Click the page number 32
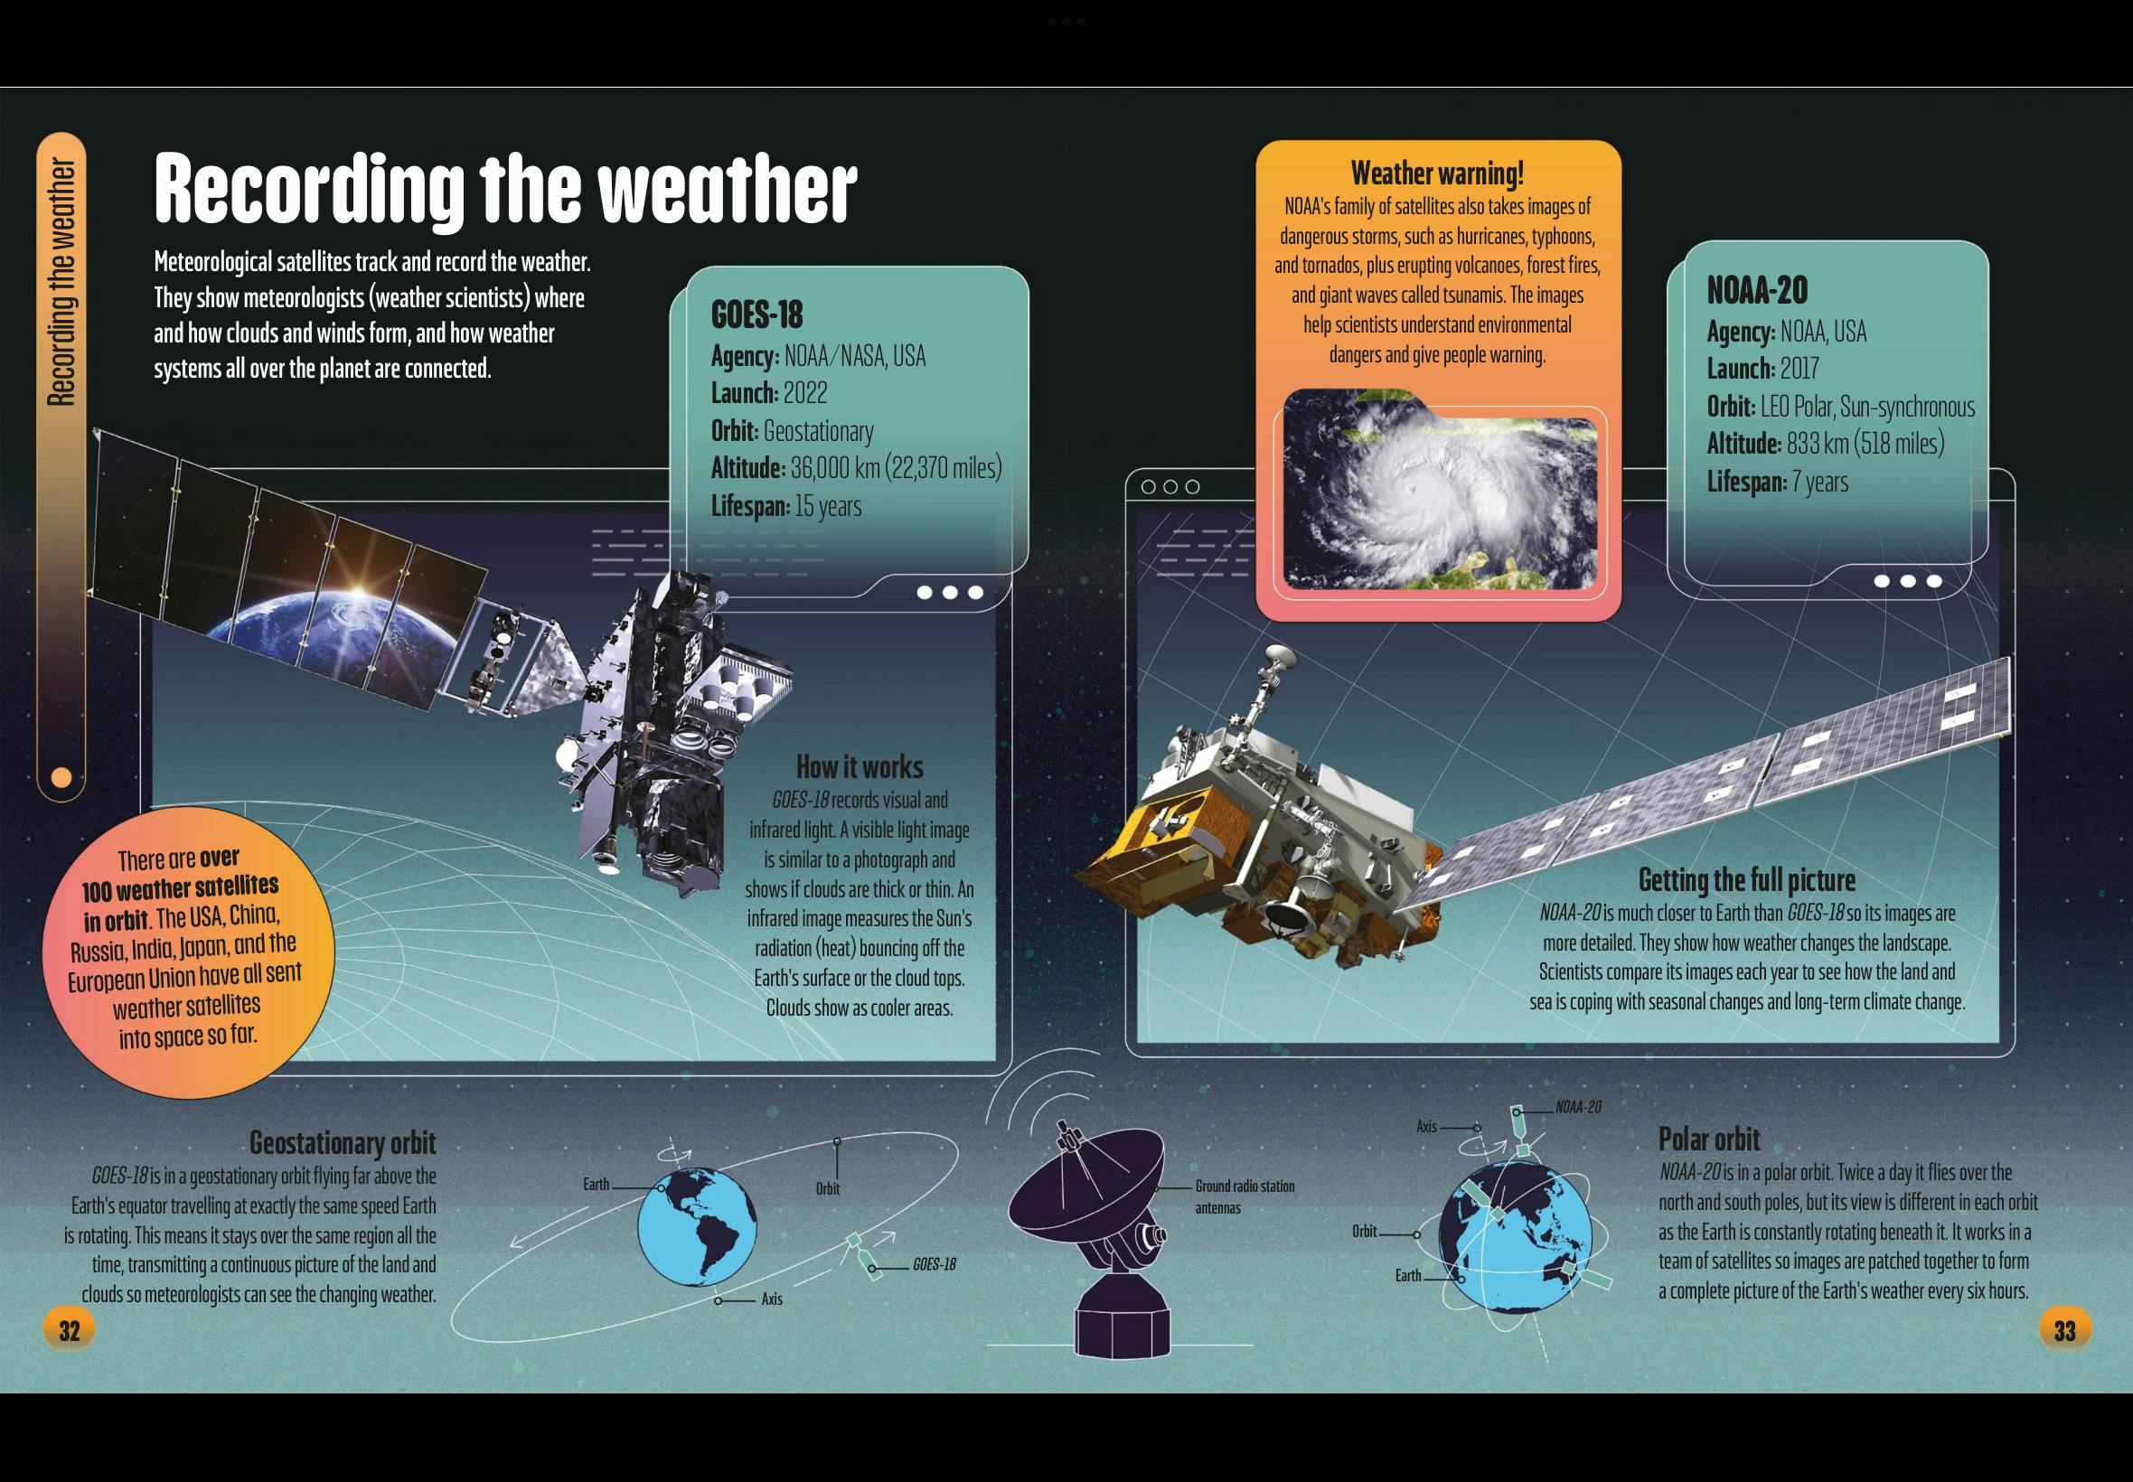click(70, 1331)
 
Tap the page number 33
click(2064, 1331)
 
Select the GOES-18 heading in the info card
click(756, 314)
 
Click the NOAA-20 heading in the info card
click(1757, 291)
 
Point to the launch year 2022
click(804, 393)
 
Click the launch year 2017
click(1799, 369)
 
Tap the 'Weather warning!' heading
click(1436, 173)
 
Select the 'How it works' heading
click(860, 767)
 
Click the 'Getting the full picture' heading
click(1747, 879)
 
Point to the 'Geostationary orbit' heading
click(343, 1142)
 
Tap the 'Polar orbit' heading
click(1708, 1139)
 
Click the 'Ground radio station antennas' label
click(1245, 1197)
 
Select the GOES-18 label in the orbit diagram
click(935, 1265)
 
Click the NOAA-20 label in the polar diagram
click(1579, 1107)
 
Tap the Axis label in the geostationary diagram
click(772, 1299)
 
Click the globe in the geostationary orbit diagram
click(698, 1225)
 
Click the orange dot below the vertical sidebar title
click(61, 776)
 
